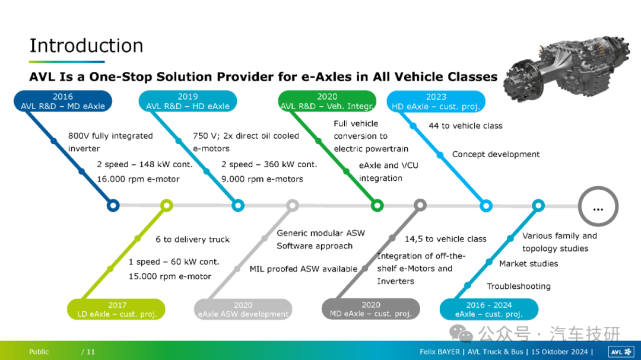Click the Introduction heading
(86, 45)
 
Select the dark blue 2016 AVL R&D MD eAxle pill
(62, 101)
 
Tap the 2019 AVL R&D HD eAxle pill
(188, 101)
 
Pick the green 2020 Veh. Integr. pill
(327, 101)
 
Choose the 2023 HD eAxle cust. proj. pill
(436, 101)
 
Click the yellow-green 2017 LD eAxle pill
(116, 310)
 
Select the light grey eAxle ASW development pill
(243, 310)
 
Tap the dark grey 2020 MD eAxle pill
(371, 309)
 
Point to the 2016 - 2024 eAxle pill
(489, 310)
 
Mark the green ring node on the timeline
(377, 206)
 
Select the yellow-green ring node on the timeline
(166, 206)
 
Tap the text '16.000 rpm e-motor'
(138, 179)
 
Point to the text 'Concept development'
(496, 154)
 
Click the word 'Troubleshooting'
(518, 286)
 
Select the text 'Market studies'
(529, 263)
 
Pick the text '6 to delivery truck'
(192, 240)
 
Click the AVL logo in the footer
(621, 352)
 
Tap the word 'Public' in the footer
(39, 352)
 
